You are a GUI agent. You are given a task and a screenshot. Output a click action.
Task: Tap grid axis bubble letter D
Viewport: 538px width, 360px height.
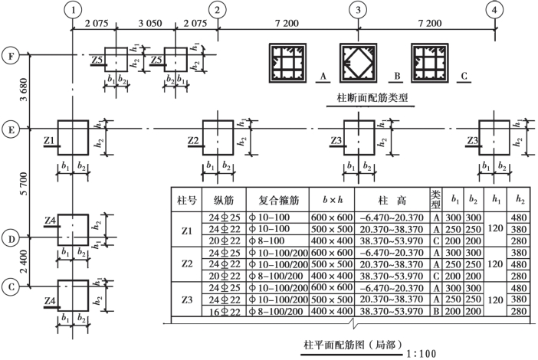pyautogui.click(x=10, y=239)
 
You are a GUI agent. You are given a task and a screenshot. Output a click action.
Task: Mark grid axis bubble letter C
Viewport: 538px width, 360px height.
pyautogui.click(x=10, y=286)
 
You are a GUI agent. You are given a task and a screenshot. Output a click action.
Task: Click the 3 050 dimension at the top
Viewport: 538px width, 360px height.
pyautogui.click(x=144, y=24)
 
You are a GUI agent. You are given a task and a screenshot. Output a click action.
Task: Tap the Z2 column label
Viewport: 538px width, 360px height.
pyautogui.click(x=193, y=141)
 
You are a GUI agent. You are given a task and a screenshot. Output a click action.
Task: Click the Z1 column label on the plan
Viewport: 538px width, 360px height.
pyautogui.click(x=49, y=141)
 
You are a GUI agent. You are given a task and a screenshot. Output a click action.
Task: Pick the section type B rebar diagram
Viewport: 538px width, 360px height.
pyautogui.click(x=359, y=62)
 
